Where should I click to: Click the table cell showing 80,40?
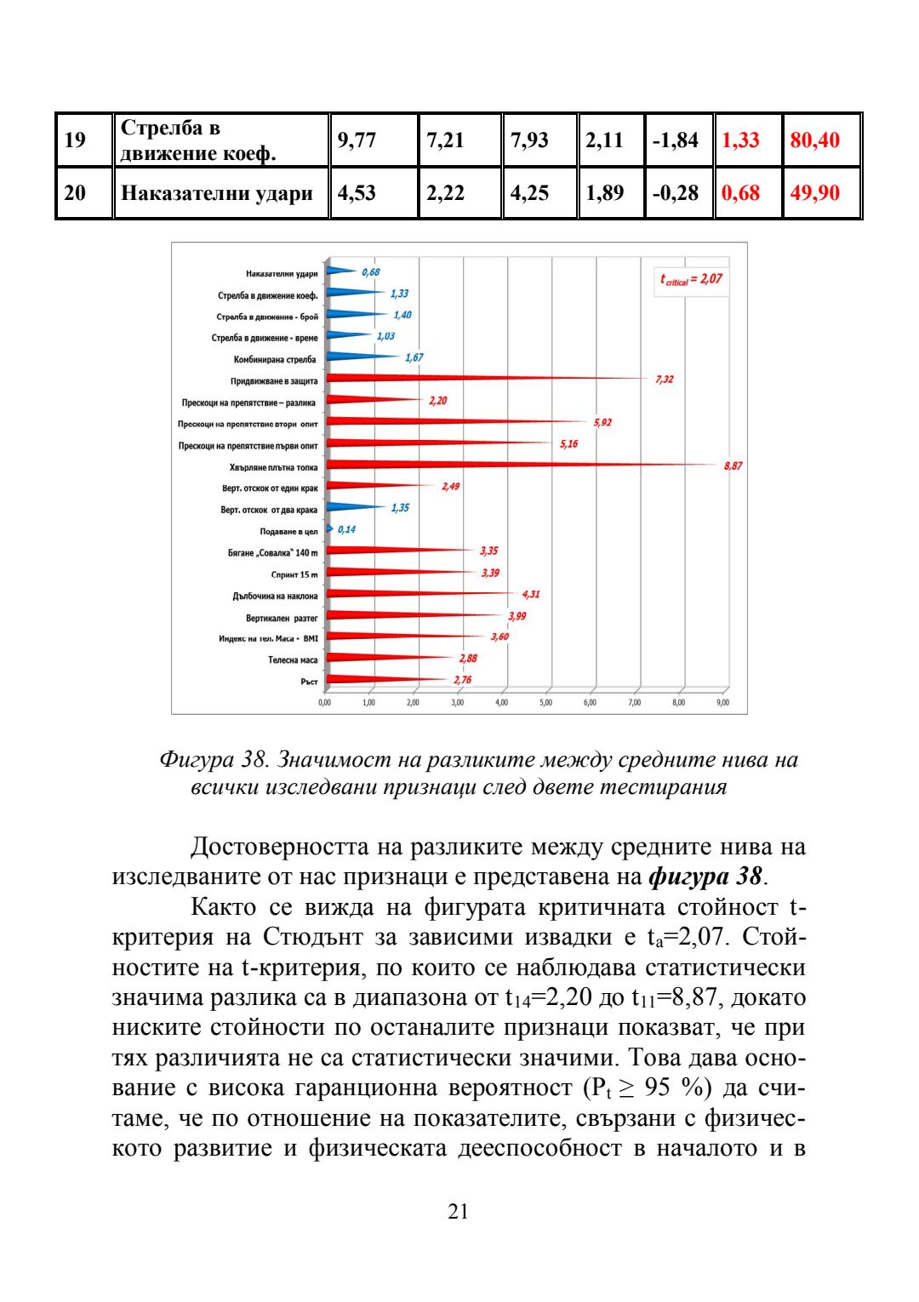point(814,140)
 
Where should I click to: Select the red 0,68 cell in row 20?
point(740,193)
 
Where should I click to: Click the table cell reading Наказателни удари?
point(217,193)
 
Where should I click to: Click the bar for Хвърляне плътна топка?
point(511,465)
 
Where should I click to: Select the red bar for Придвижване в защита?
point(477,379)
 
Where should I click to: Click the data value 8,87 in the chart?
point(733,466)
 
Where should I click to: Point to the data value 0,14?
point(346,529)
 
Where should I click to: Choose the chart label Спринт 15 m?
point(294,574)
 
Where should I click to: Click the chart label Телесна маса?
point(293,660)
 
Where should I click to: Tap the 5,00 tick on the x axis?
point(545,703)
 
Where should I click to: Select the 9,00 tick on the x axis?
point(722,703)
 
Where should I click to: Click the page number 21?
point(458,1211)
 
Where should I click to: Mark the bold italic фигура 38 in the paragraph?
point(704,876)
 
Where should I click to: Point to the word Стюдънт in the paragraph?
point(311,937)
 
